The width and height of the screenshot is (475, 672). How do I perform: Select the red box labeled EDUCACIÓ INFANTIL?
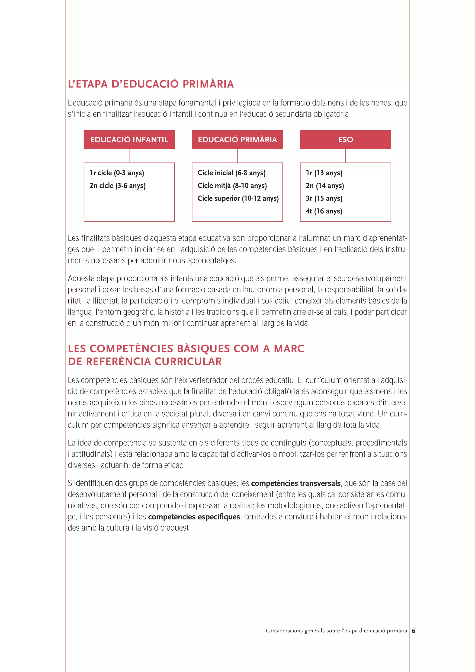pos(129,140)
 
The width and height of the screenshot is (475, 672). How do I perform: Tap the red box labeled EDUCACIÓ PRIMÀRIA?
pos(237,140)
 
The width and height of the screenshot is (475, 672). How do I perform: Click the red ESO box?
pos(345,140)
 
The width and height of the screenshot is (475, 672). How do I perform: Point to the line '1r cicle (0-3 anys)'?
pos(117,173)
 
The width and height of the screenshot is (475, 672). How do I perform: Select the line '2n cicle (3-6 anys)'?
pos(117,186)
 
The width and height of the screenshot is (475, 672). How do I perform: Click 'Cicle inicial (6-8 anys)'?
pos(231,173)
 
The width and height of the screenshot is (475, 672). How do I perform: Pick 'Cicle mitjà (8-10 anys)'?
pos(232,186)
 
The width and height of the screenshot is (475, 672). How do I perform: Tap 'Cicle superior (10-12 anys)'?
pos(238,198)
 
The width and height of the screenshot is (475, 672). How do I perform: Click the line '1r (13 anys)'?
pos(324,173)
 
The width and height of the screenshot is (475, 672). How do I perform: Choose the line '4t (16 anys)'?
pos(324,211)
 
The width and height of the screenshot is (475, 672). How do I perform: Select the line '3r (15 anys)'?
pos(324,198)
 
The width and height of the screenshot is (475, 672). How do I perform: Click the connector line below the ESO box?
pos(345,156)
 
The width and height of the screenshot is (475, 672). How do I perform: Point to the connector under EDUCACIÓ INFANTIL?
pos(129,156)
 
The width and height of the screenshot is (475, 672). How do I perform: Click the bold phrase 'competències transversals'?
pos(295,483)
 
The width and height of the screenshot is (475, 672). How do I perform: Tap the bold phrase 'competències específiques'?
pos(194,517)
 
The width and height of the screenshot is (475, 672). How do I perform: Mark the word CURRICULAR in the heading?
pos(188,362)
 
